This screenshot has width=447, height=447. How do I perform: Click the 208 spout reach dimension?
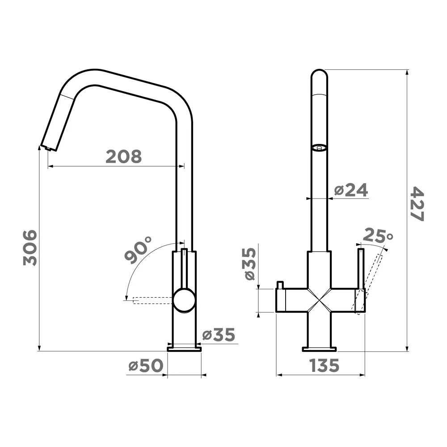(123, 157)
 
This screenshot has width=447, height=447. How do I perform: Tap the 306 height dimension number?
(30, 248)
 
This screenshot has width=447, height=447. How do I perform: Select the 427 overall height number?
(417, 204)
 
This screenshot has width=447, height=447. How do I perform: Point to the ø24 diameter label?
(351, 190)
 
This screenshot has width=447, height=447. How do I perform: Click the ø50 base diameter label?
(146, 365)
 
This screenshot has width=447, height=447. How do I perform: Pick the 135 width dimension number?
(324, 365)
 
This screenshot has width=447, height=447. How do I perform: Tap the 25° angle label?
(378, 236)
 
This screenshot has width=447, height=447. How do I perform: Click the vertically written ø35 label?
(250, 264)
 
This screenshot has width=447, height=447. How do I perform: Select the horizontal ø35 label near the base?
(219, 335)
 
